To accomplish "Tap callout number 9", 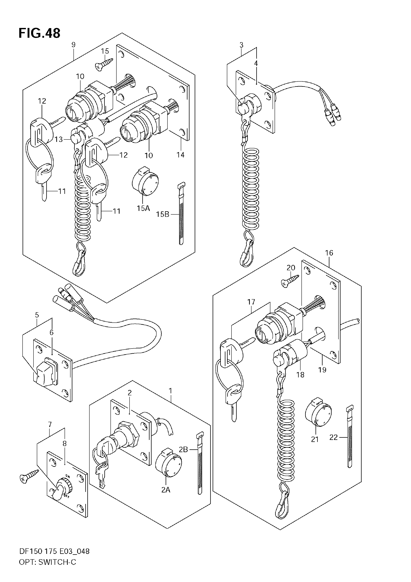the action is pos(73,45).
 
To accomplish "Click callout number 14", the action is pos(181,155).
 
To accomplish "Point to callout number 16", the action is pos(329,253).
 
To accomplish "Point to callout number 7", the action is pos(50,424).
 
